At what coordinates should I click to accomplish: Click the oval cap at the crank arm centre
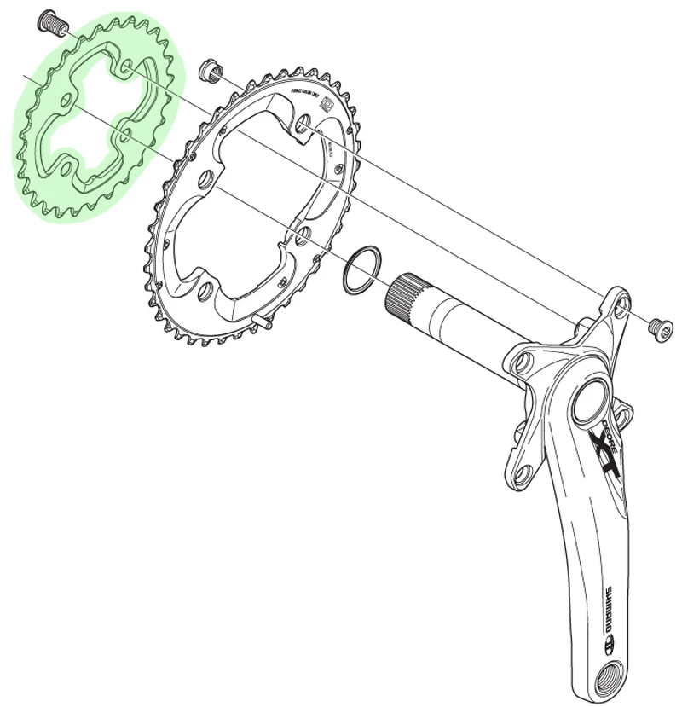coord(591,401)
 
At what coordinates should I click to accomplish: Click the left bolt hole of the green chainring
coord(63,100)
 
